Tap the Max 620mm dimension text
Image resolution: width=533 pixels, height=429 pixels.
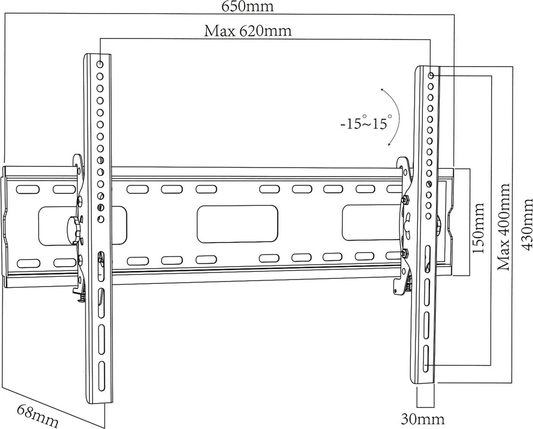(x=247, y=31)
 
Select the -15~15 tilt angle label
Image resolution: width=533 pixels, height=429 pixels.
(x=364, y=123)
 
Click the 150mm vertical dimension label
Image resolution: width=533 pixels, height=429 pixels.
(x=478, y=228)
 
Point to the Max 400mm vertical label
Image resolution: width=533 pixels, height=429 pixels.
(x=504, y=227)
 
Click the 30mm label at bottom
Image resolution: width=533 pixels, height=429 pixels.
(x=422, y=419)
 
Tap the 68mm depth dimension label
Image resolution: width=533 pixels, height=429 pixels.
(x=37, y=415)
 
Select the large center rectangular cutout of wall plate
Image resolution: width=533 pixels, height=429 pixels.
(x=237, y=224)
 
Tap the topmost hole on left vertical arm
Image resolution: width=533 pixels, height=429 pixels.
(x=100, y=64)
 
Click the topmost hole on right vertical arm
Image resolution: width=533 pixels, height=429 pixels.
(x=431, y=76)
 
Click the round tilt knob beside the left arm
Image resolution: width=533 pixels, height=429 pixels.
(x=72, y=228)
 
